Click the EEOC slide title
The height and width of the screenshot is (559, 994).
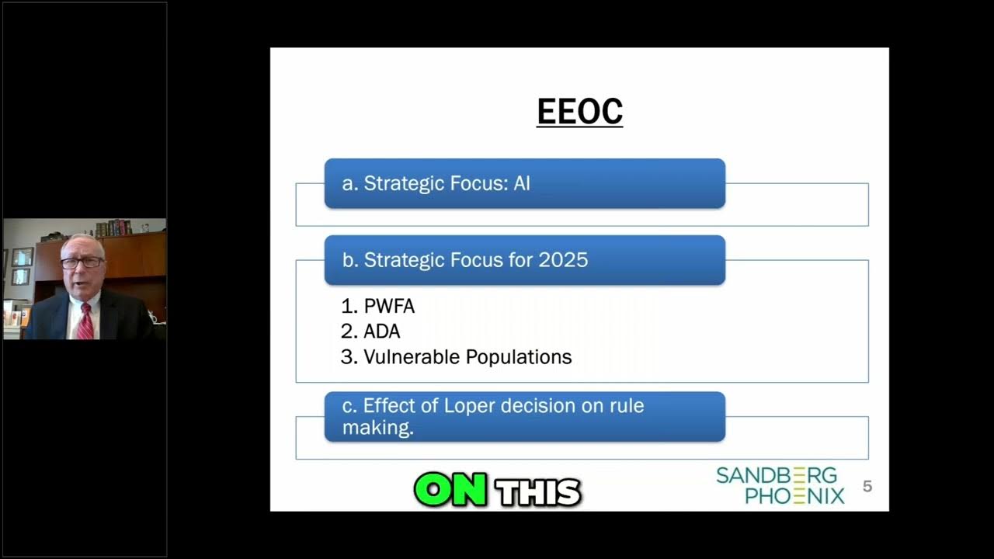579,111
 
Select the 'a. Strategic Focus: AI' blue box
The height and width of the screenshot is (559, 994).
524,183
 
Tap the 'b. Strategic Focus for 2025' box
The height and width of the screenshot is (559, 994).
524,260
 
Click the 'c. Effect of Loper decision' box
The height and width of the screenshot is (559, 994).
524,417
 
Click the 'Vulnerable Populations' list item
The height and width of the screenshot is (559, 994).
467,357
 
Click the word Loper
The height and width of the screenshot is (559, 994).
470,406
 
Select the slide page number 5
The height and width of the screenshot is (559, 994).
867,487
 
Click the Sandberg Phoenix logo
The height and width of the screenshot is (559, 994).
780,486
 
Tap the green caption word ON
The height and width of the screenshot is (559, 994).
450,491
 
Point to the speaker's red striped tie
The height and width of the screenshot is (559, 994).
85,322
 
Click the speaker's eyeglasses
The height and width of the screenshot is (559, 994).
81,262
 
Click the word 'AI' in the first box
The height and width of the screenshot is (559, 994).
521,183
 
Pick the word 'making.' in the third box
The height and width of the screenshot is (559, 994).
377,428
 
